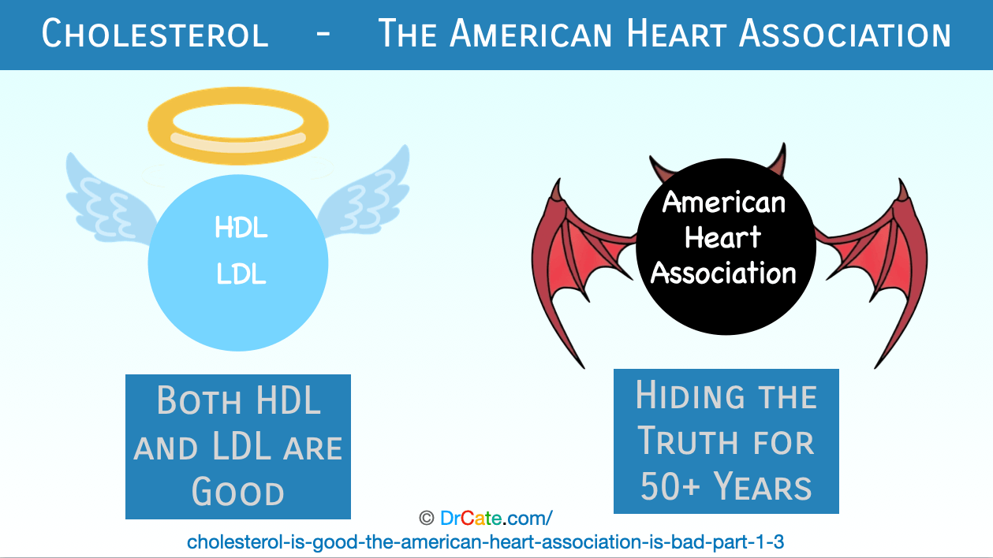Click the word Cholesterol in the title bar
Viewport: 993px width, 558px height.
tap(155, 34)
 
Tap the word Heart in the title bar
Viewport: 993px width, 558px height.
tap(676, 34)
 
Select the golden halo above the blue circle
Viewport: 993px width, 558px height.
tap(238, 126)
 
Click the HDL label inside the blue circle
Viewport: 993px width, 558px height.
tap(241, 227)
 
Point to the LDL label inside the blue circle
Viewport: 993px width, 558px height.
tap(241, 273)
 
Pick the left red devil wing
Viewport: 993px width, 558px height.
tap(572, 262)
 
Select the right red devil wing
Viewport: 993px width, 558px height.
tap(882, 262)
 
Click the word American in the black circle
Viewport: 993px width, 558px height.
tap(724, 202)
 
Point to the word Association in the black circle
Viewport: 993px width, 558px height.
tap(723, 273)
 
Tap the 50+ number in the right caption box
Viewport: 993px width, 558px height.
tap(670, 485)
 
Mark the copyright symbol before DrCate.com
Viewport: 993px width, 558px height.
tap(427, 518)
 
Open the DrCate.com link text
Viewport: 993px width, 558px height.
tap(496, 518)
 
